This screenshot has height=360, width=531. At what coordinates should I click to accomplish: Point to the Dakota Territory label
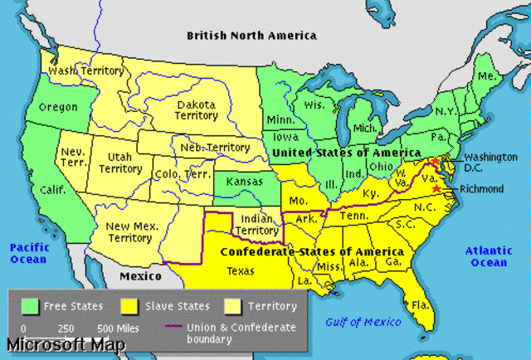(x=196, y=111)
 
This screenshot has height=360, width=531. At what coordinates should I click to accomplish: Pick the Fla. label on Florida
(x=422, y=304)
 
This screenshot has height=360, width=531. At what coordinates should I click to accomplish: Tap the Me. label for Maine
(x=488, y=76)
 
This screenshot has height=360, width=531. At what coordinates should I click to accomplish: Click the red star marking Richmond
(x=436, y=189)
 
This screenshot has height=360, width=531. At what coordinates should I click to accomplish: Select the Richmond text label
(x=481, y=189)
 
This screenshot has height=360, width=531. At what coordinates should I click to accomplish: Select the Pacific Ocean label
(x=29, y=254)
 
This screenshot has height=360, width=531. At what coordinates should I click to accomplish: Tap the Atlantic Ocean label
(x=488, y=256)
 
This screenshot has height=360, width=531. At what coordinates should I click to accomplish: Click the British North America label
(x=251, y=36)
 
